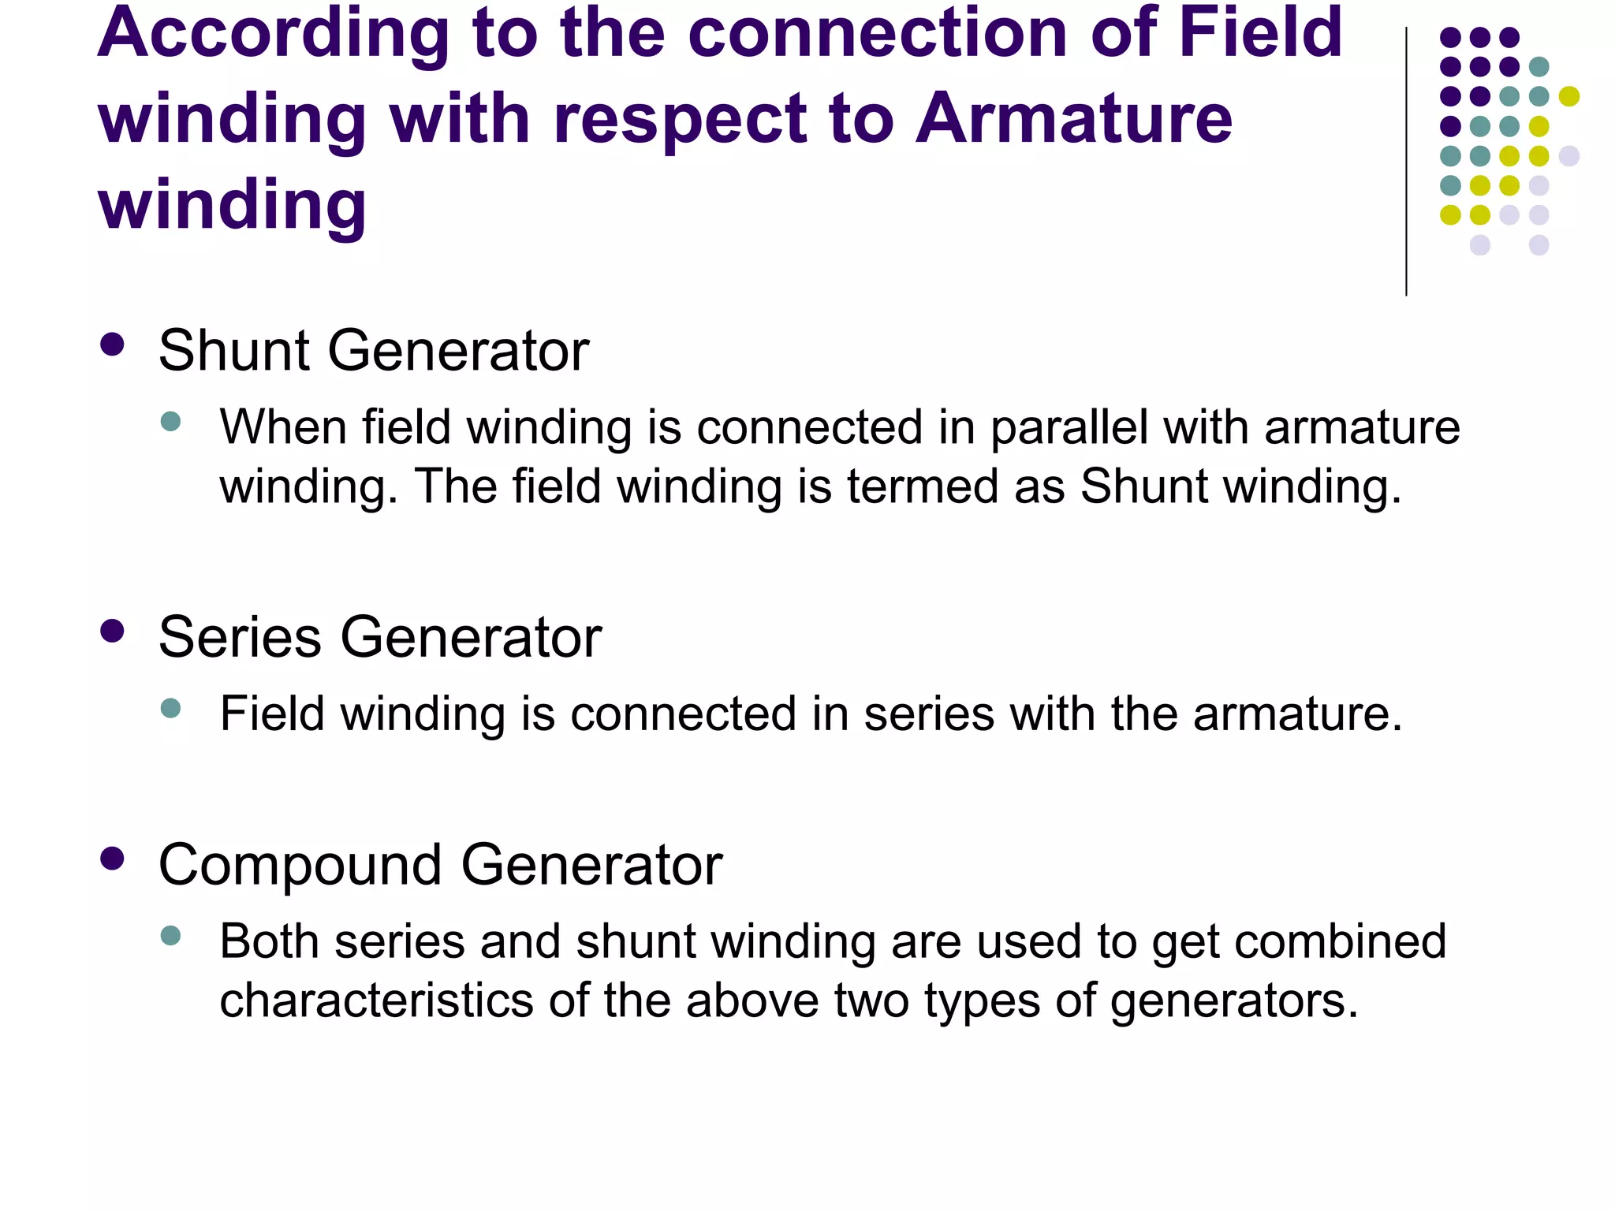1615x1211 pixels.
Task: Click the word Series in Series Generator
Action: point(240,637)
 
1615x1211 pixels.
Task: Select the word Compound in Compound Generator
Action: point(300,866)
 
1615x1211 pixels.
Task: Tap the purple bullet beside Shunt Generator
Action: point(113,345)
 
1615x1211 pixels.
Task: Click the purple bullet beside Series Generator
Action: point(113,632)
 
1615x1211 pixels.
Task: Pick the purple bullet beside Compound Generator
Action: point(113,859)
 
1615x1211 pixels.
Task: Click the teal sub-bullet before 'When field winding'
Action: point(170,421)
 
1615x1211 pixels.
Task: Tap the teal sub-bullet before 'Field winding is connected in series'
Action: point(170,707)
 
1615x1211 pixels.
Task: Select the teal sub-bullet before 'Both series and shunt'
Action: point(170,936)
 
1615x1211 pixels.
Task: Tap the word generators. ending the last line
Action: point(1233,1002)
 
